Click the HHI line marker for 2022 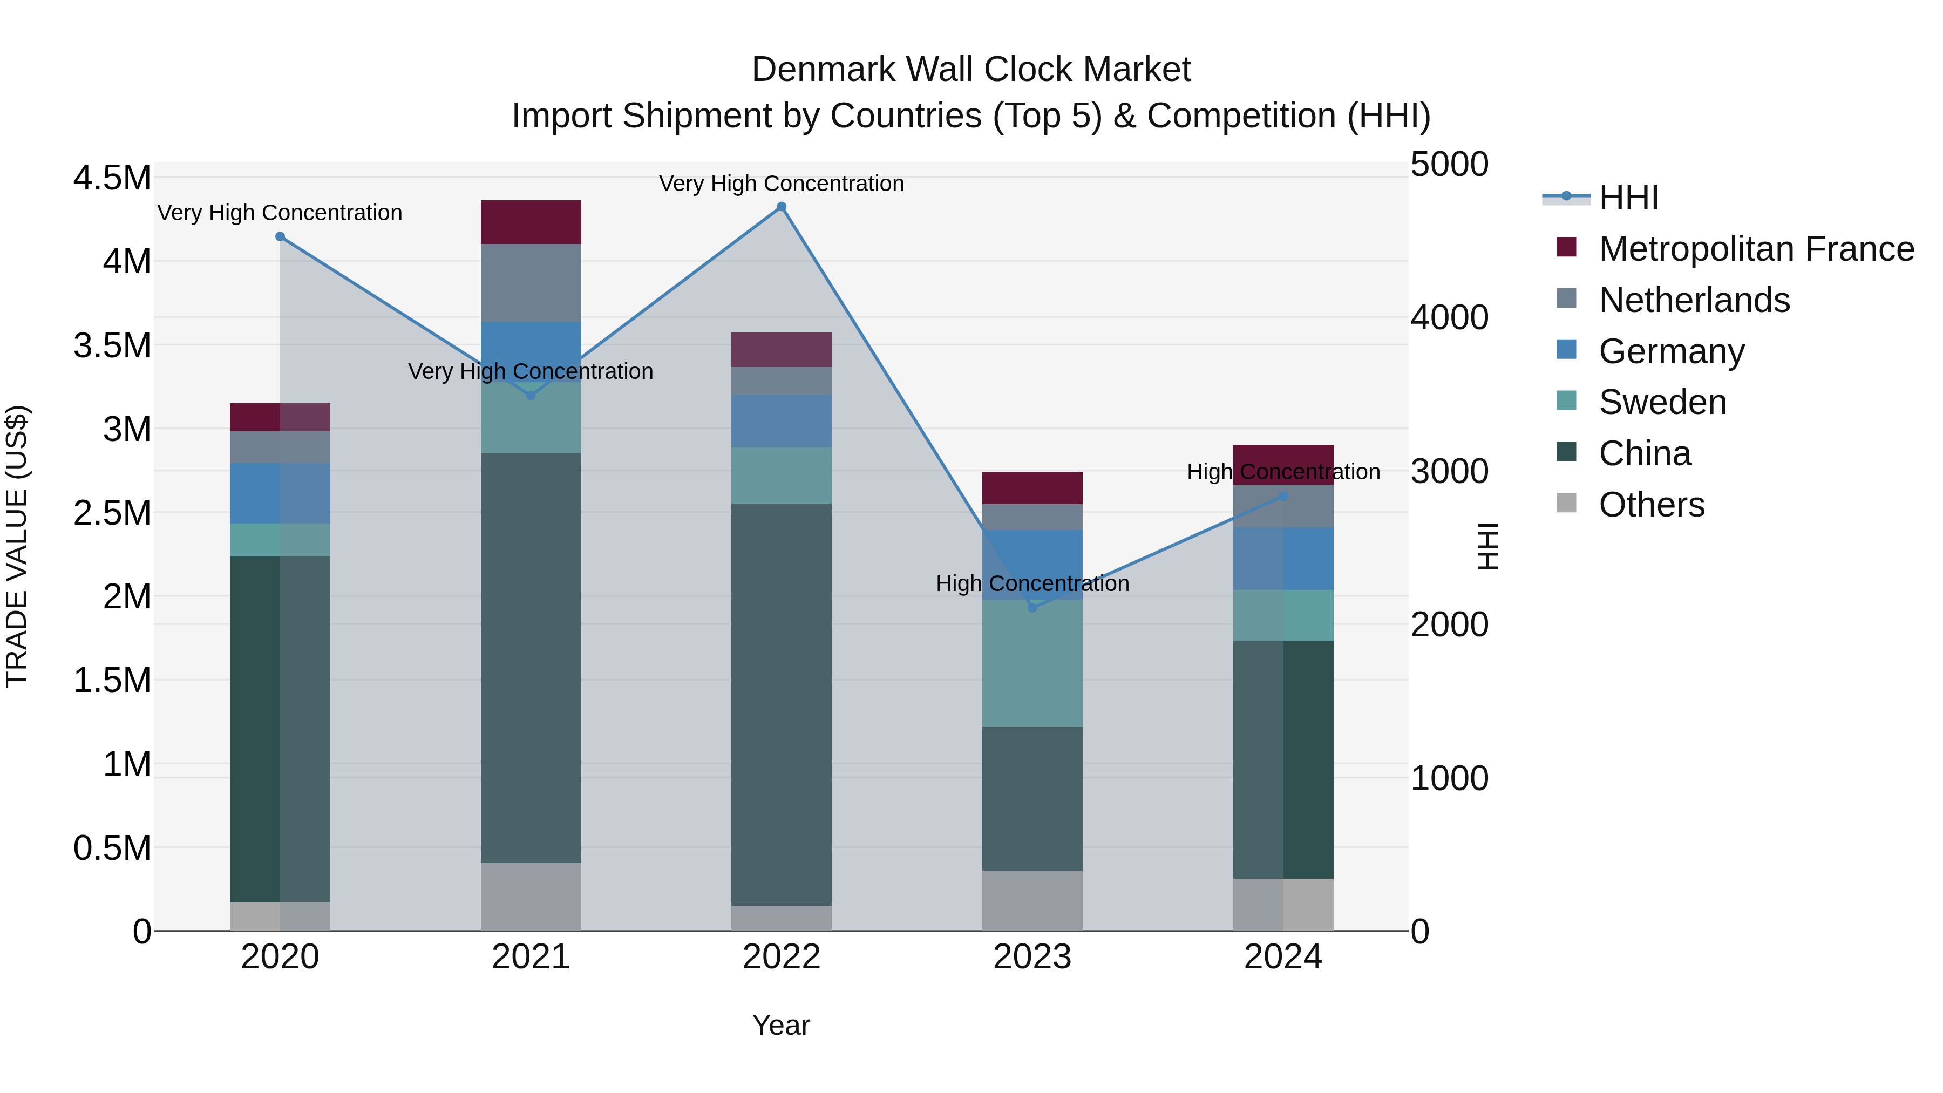click(x=782, y=207)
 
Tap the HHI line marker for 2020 click(x=280, y=236)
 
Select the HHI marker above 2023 click(x=1032, y=608)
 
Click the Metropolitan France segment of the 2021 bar click(x=531, y=222)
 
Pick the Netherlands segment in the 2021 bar click(x=531, y=283)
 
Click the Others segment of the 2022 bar click(x=782, y=918)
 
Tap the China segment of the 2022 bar click(x=782, y=704)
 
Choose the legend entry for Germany click(x=1672, y=351)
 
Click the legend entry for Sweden click(x=1662, y=402)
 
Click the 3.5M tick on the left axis click(x=112, y=345)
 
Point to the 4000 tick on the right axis click(x=1449, y=317)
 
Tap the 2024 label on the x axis click(x=1283, y=957)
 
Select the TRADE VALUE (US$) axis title click(x=17, y=546)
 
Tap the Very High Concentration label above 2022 click(x=782, y=184)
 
